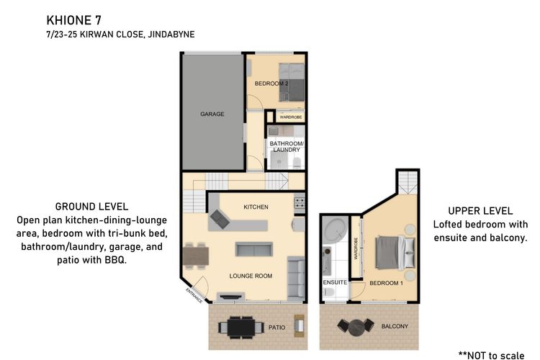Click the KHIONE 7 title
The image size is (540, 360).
(73, 20)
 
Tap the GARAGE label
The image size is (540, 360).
(212, 114)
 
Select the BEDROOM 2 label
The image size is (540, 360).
(271, 84)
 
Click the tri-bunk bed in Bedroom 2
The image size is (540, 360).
(292, 82)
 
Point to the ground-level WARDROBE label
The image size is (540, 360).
(291, 117)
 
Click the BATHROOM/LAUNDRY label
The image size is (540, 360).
(287, 146)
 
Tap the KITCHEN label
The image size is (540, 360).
(256, 207)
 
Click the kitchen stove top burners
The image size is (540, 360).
(300, 202)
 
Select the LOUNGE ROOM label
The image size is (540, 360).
(251, 276)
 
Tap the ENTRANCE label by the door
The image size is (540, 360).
(194, 296)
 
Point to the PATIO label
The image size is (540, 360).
(277, 328)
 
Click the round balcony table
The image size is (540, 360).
(356, 328)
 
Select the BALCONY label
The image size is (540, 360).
(395, 326)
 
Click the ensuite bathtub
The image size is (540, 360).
(335, 230)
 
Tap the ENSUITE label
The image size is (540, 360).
(335, 282)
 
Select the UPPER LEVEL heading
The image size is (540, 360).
(480, 211)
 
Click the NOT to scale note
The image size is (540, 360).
(492, 355)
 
